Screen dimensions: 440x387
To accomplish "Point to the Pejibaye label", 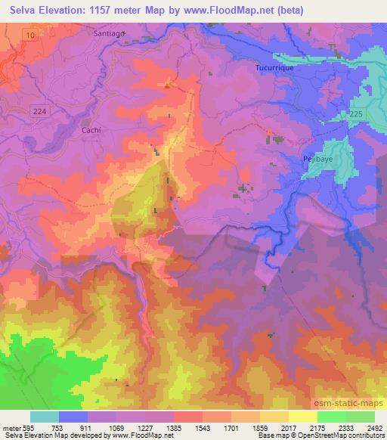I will pos(308,160).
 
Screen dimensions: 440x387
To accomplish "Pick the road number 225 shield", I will pos(355,113).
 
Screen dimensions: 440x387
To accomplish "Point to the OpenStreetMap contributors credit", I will pos(345,435).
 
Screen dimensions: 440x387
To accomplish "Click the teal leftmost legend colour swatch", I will pos(45,417).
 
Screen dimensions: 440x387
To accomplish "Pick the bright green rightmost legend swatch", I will pos(360,417).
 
